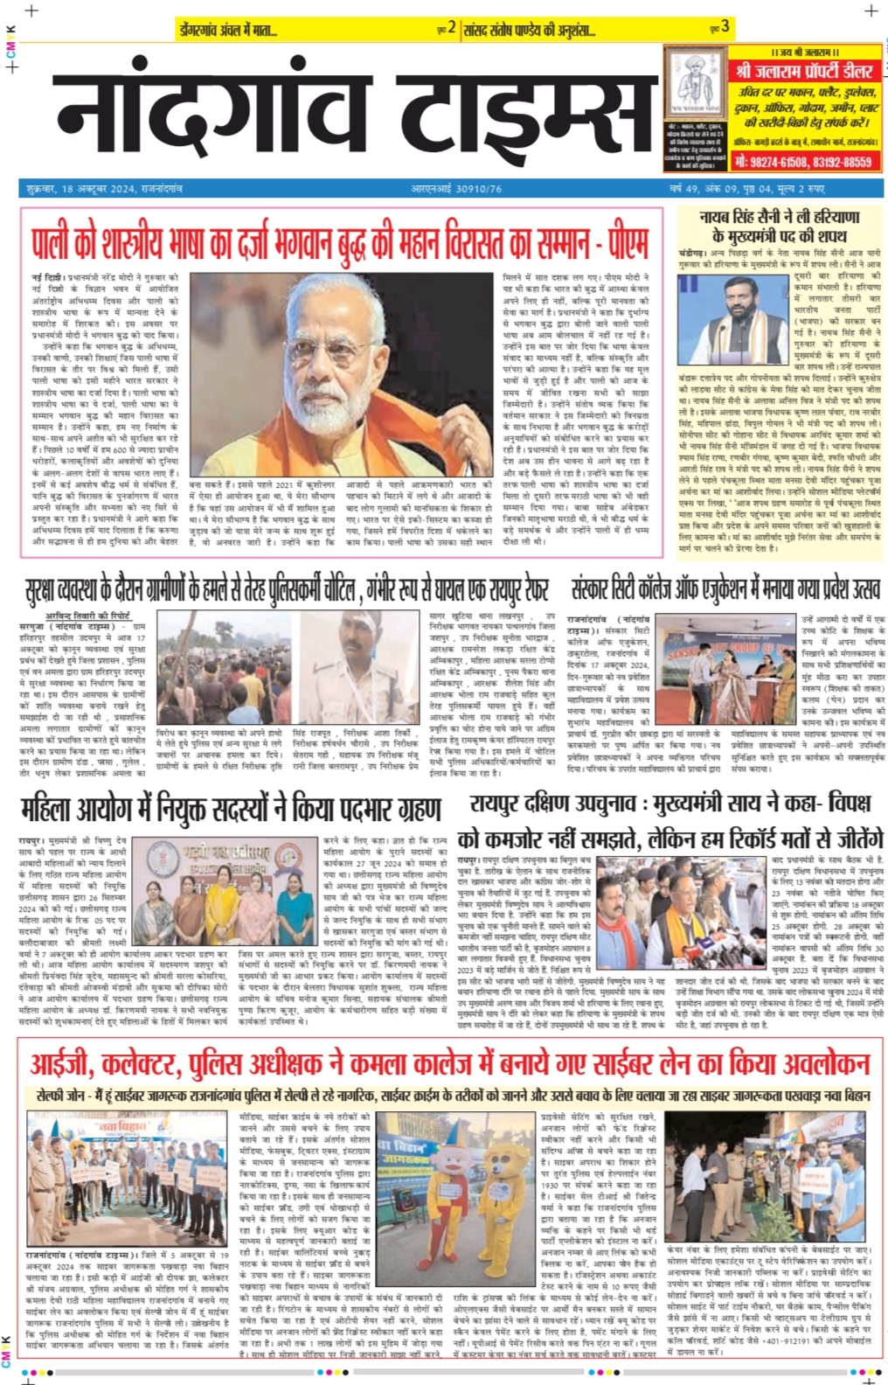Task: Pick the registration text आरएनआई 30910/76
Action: tap(456, 189)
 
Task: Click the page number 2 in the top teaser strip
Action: tap(452, 28)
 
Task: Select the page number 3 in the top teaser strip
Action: tap(725, 28)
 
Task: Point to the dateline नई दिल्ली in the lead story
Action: tap(46, 277)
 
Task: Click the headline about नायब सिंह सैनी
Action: tap(778, 225)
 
